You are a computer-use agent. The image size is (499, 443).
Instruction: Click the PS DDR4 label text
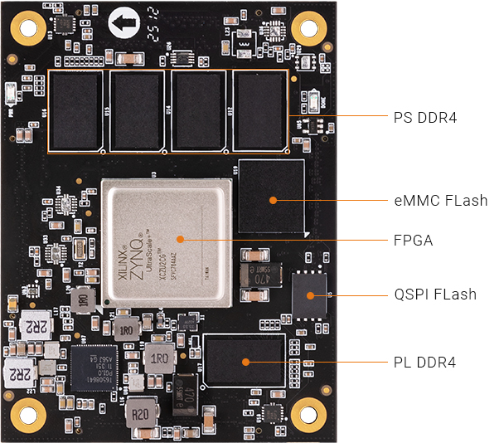click(425, 118)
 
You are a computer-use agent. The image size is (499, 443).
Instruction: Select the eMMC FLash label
click(440, 201)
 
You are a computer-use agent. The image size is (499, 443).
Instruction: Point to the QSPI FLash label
click(434, 295)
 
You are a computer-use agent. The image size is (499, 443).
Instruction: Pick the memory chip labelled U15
click(137, 110)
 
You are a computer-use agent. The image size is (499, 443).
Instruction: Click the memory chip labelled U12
click(260, 110)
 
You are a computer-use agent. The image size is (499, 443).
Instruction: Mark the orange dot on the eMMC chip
click(273, 200)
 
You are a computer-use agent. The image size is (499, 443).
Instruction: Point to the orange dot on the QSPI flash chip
click(310, 295)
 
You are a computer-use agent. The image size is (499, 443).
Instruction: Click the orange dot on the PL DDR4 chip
click(246, 362)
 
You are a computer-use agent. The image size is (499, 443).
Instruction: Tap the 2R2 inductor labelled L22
click(20, 373)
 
